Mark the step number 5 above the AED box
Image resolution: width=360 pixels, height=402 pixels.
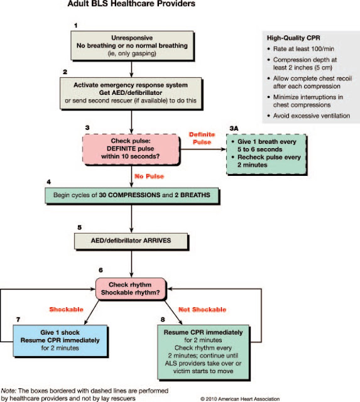(x=79, y=226)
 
